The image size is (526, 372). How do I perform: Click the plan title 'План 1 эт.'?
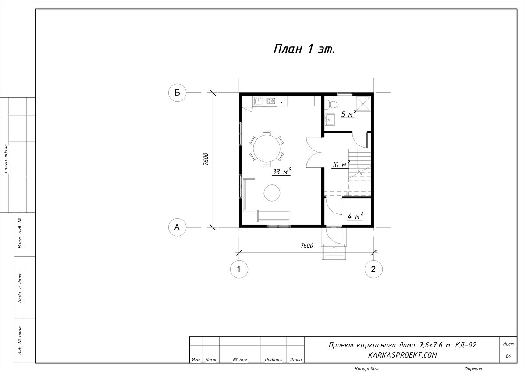pyautogui.click(x=304, y=49)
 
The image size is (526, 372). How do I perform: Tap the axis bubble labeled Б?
pyautogui.click(x=177, y=92)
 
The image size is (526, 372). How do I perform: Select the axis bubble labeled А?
pyautogui.click(x=177, y=227)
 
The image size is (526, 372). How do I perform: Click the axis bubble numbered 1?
pyautogui.click(x=239, y=269)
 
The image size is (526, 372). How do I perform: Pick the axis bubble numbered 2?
pyautogui.click(x=373, y=269)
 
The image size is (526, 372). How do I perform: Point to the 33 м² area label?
pyautogui.click(x=282, y=172)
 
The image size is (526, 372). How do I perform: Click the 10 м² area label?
pyautogui.click(x=341, y=164)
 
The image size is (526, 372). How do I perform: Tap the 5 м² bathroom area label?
pyautogui.click(x=348, y=114)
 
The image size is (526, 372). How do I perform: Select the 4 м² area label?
pyautogui.click(x=355, y=216)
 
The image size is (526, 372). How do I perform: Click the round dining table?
pyautogui.click(x=267, y=149)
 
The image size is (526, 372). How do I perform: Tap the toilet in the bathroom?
pyautogui.click(x=331, y=104)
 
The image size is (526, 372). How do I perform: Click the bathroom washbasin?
pyautogui.click(x=330, y=120)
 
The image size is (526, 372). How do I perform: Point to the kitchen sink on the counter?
pyautogui.click(x=258, y=101)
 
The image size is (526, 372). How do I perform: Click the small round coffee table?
pyautogui.click(x=272, y=193)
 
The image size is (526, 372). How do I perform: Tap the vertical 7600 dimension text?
pyautogui.click(x=206, y=159)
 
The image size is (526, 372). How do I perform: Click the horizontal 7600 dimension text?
pyautogui.click(x=307, y=246)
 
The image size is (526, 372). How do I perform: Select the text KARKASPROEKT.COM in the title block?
pyautogui.click(x=402, y=355)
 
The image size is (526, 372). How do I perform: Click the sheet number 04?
pyautogui.click(x=508, y=356)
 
